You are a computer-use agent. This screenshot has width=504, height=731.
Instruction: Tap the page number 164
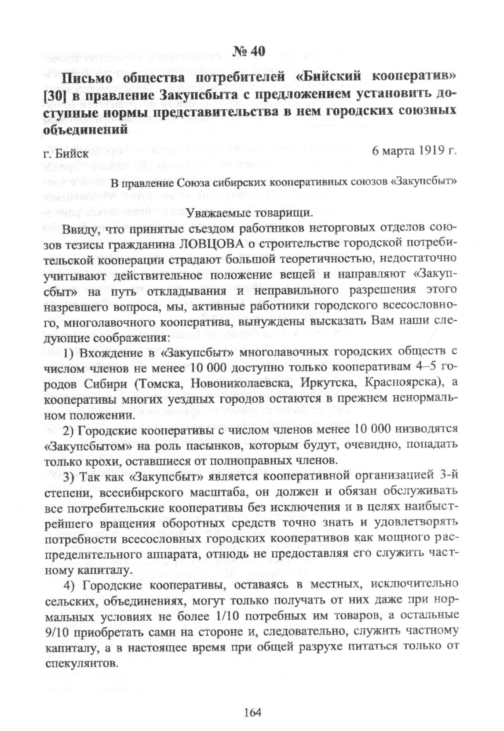coord(252,712)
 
